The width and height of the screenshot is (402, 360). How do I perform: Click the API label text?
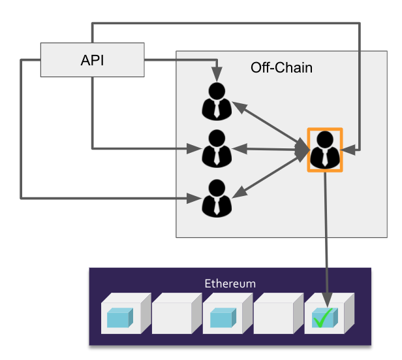pyautogui.click(x=93, y=61)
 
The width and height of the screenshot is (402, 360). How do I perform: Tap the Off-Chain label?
pyautogui.click(x=281, y=67)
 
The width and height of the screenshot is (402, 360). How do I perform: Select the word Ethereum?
pyautogui.click(x=230, y=284)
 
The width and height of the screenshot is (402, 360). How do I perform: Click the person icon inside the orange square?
pyautogui.click(x=324, y=150)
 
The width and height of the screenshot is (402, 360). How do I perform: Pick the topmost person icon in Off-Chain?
pyautogui.click(x=217, y=101)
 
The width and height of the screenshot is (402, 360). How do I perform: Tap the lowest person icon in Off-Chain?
pyautogui.click(x=217, y=198)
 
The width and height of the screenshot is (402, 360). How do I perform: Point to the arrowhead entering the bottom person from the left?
pyautogui.click(x=194, y=197)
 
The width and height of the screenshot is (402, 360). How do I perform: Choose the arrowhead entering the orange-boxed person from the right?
pyautogui.click(x=350, y=150)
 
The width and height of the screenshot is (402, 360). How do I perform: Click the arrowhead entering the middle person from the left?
pyautogui.click(x=194, y=148)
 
